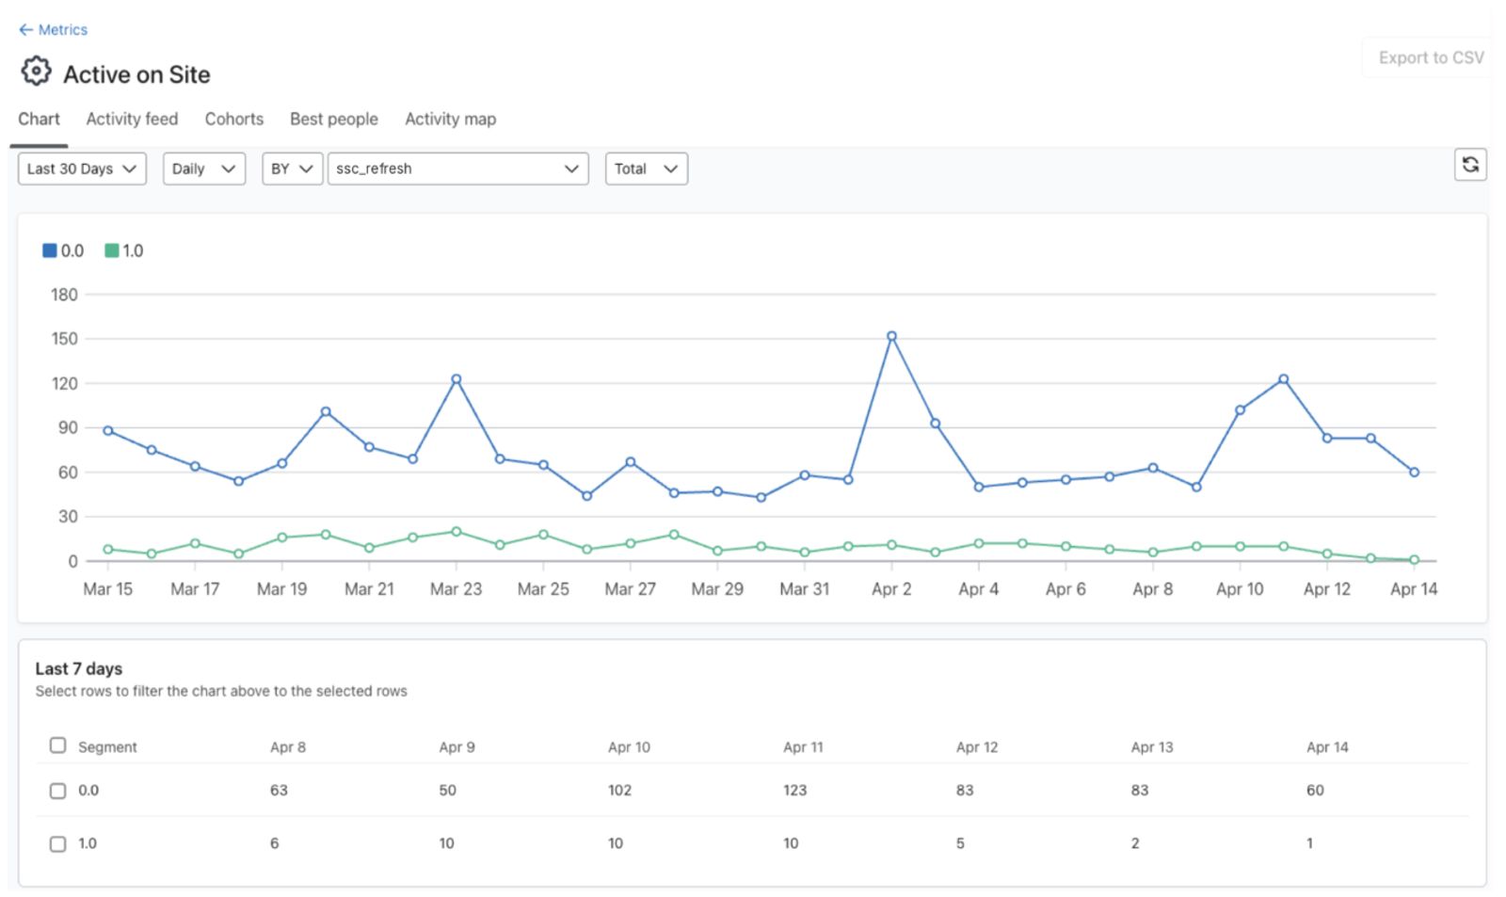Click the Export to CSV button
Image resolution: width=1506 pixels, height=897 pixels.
(1431, 57)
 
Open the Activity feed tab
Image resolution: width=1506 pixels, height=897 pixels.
(132, 119)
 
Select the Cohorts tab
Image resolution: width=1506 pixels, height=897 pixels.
(234, 119)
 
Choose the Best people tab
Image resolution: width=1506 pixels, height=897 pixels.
(334, 119)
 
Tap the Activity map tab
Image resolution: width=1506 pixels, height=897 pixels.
(451, 119)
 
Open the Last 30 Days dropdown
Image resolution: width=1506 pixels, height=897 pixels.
(82, 168)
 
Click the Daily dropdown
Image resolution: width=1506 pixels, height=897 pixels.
(203, 168)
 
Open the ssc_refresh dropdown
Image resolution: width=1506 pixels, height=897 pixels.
(457, 168)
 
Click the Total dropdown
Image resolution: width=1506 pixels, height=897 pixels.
(646, 168)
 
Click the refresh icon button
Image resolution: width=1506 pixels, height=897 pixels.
(1470, 165)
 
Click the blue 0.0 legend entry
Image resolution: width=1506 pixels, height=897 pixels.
(63, 250)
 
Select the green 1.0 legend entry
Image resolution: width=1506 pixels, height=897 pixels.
(124, 250)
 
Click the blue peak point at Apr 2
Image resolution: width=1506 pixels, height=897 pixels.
(891, 336)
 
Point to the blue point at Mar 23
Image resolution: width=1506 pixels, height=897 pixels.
(456, 379)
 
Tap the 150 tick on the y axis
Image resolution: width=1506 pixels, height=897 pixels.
(65, 339)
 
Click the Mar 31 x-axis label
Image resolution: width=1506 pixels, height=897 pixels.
(804, 589)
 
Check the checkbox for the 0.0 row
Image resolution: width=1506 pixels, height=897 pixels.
(57, 790)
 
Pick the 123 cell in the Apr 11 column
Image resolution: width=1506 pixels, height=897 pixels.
(794, 790)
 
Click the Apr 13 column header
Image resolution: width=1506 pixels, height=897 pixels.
(1152, 747)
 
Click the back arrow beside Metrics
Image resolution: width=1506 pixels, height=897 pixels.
(25, 29)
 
